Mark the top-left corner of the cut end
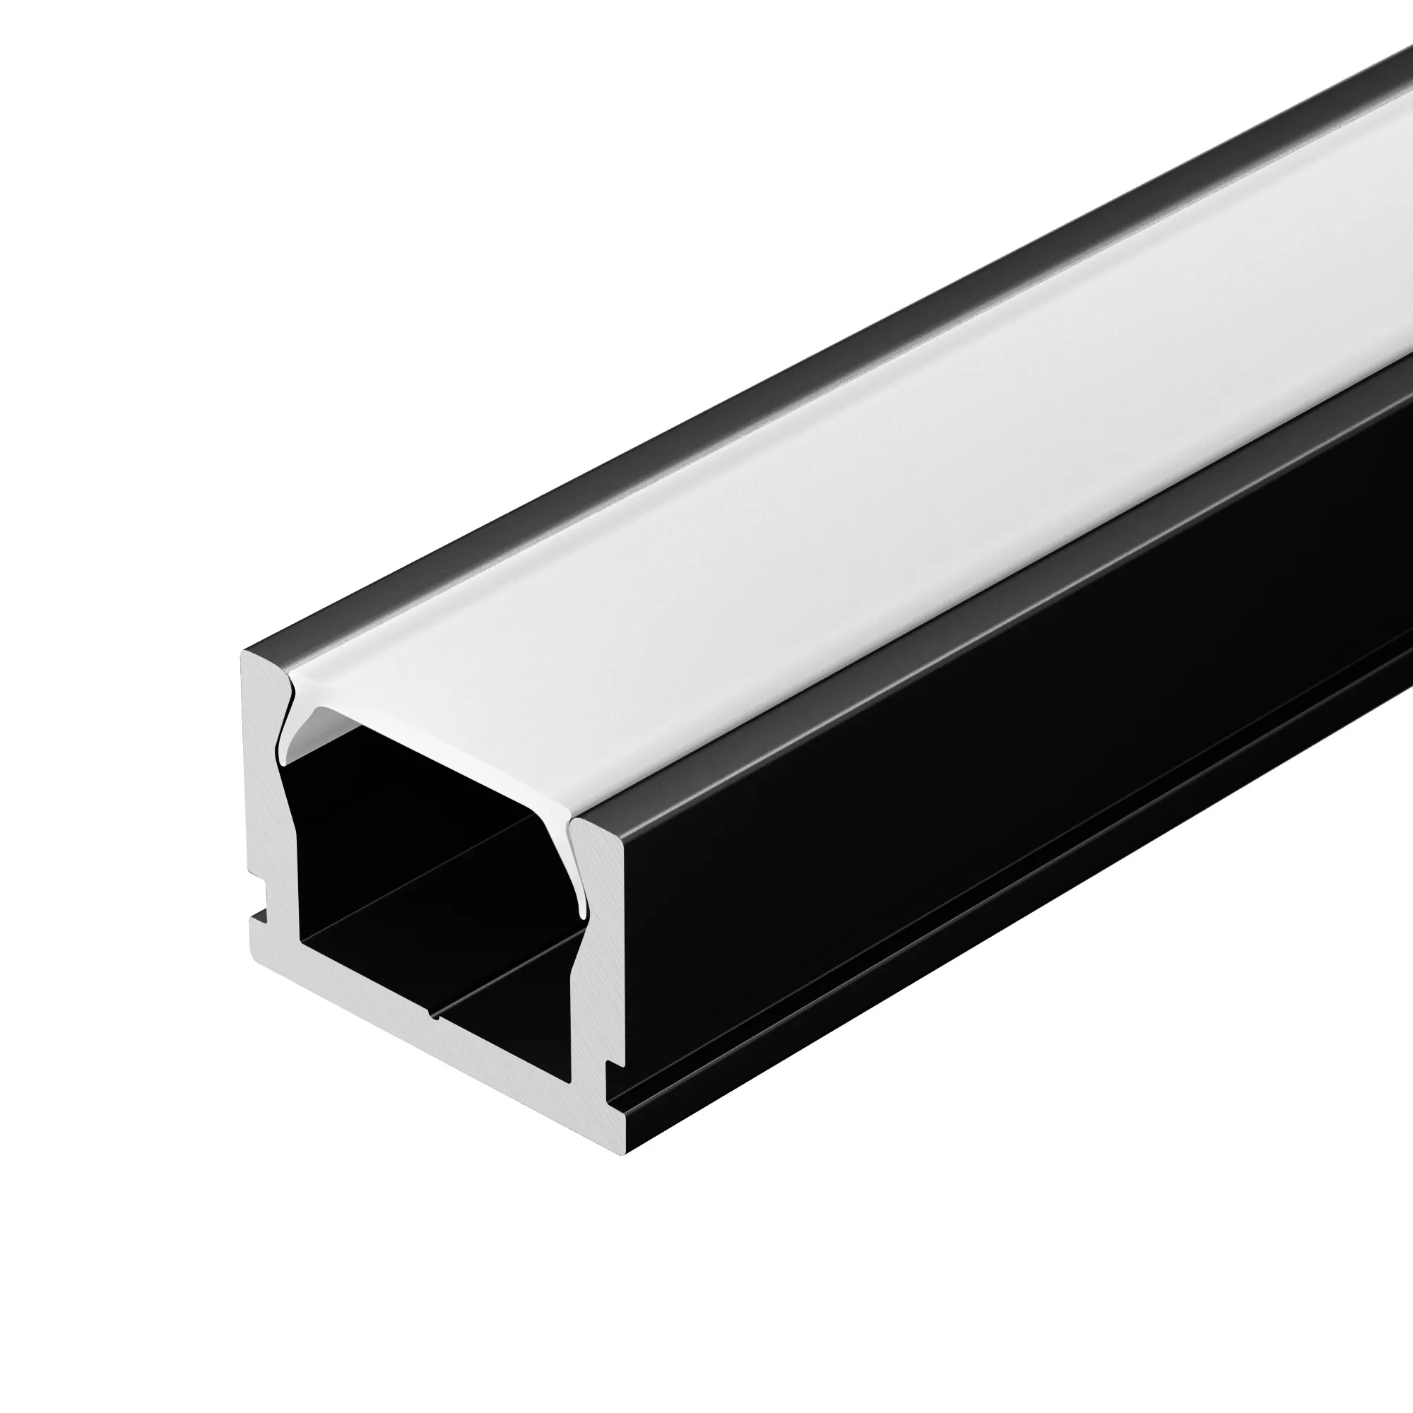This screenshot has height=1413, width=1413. [x=243, y=652]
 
